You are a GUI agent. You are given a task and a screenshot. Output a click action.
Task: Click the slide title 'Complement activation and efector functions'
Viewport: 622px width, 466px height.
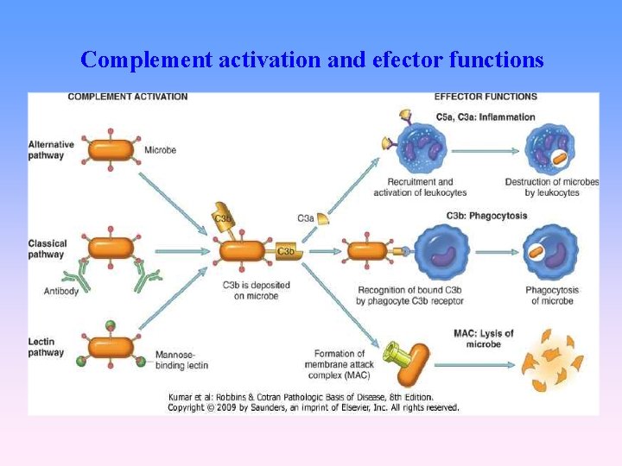pos(311,60)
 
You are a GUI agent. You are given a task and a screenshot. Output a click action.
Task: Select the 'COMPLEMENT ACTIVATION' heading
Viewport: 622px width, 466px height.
pos(127,97)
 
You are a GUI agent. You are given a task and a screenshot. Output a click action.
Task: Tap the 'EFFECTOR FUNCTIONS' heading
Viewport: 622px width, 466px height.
pos(485,97)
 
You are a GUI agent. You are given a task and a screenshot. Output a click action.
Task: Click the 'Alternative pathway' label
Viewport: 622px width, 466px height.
pos(51,149)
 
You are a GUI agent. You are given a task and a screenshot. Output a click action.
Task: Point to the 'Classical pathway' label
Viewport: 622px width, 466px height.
pos(48,249)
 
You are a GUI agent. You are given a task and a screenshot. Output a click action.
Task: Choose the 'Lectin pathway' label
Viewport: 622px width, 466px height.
pos(46,347)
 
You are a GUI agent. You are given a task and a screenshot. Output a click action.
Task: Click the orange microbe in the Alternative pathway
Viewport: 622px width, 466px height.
pos(111,149)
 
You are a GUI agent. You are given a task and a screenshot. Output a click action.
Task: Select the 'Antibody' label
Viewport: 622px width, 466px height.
pos(61,291)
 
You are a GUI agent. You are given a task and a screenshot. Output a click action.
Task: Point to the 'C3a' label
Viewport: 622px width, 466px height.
pos(305,218)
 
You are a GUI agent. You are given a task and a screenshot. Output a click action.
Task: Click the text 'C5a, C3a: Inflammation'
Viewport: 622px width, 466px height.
pos(486,116)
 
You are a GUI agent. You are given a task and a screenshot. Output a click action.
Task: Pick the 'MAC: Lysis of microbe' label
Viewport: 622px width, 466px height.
pos(483,338)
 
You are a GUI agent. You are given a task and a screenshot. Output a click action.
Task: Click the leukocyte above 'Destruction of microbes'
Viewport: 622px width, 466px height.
pos(550,149)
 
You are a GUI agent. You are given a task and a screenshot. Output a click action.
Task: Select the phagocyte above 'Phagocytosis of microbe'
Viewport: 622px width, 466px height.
pos(551,252)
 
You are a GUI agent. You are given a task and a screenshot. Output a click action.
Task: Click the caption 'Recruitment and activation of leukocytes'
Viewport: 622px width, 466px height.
pos(420,187)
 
